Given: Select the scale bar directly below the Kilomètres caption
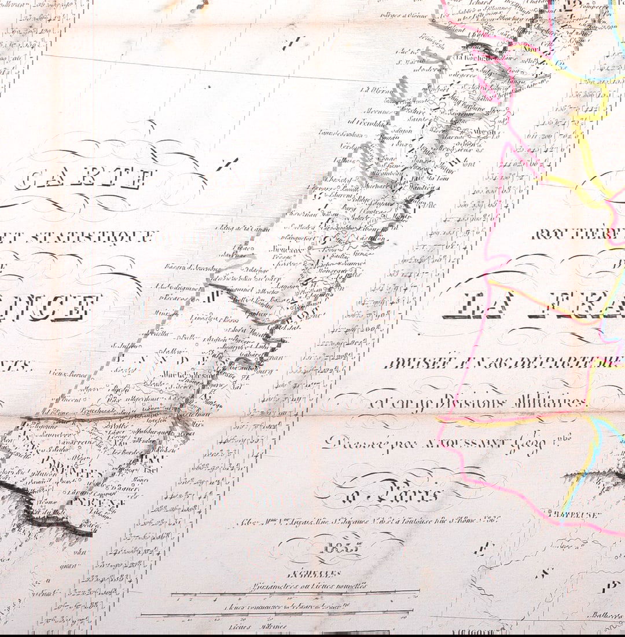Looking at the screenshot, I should tap(295, 592).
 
